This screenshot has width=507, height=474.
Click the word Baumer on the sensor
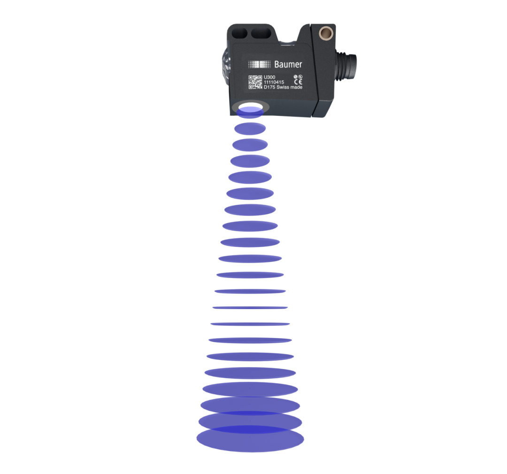tap(288, 64)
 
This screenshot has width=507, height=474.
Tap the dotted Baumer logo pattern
tap(259, 64)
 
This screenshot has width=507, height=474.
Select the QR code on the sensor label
tap(255, 82)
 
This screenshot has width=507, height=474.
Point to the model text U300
tap(269, 77)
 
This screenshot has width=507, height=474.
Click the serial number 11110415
tap(274, 82)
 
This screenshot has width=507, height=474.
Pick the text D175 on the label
tap(269, 87)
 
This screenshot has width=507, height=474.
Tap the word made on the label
tap(297, 87)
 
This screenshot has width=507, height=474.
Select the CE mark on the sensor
tap(299, 82)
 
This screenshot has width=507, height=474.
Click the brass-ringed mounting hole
tap(326, 33)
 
